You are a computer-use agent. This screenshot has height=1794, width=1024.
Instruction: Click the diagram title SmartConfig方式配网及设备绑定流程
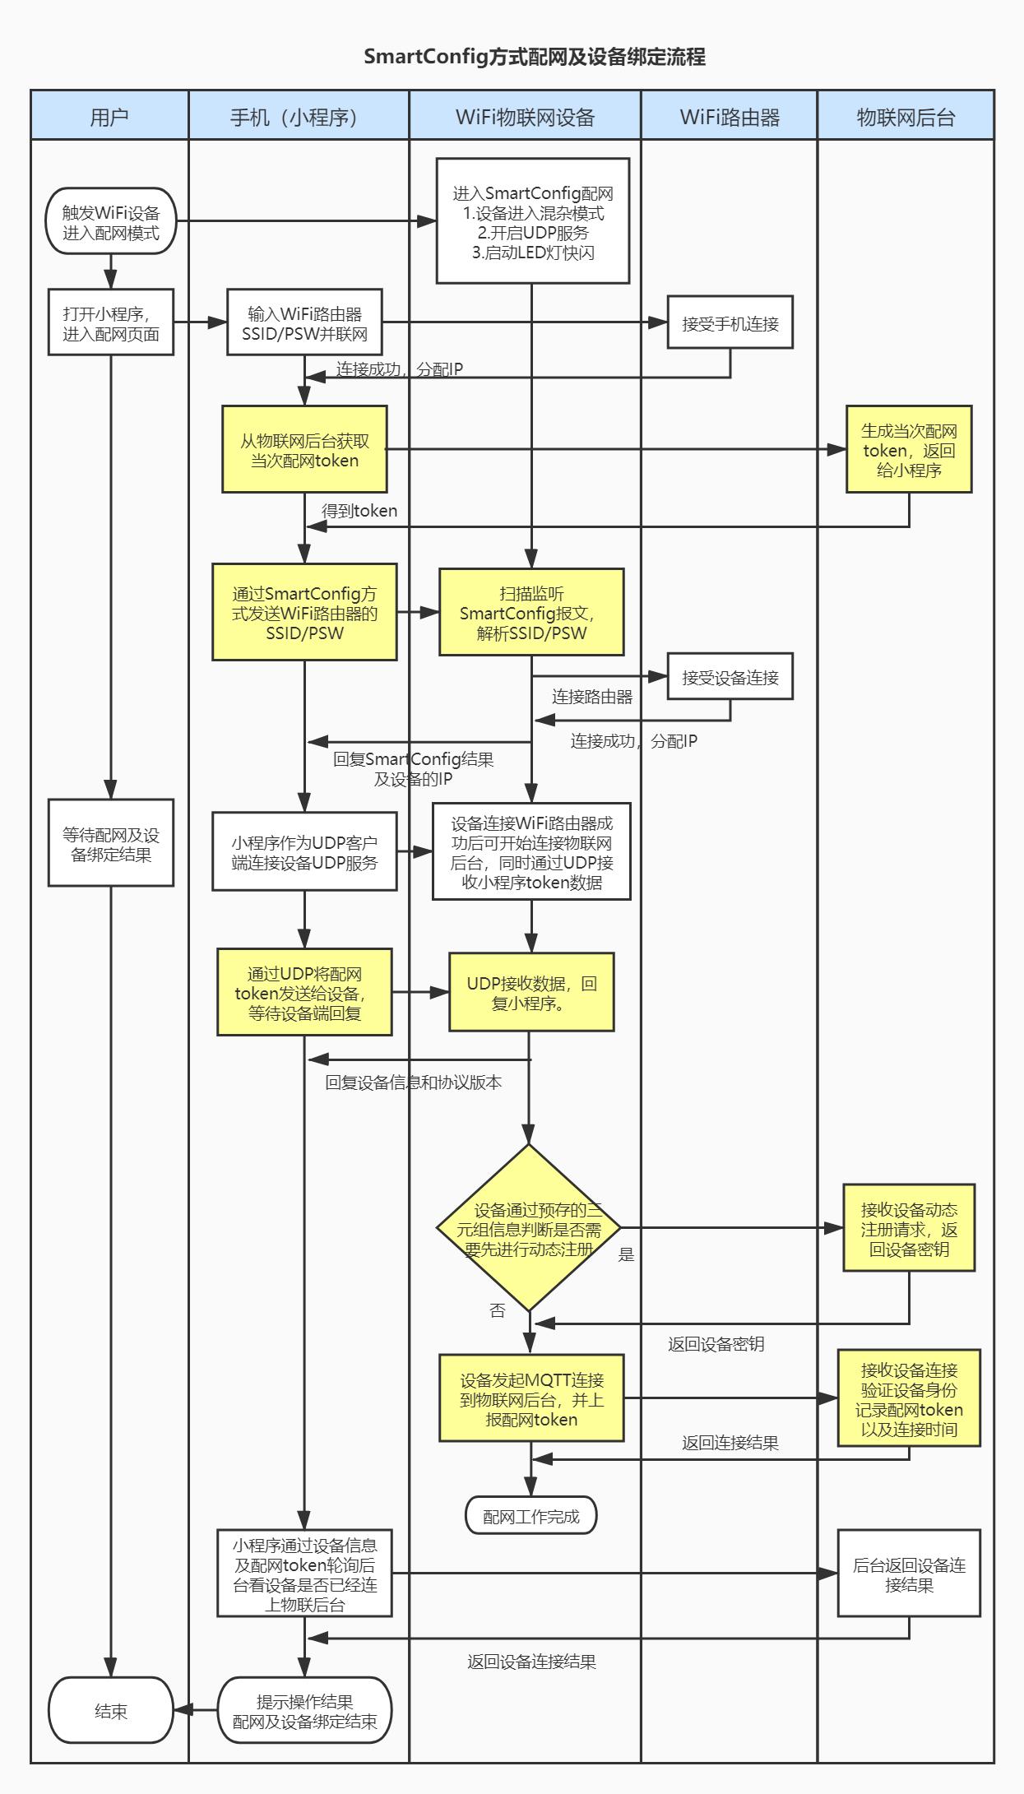point(535,57)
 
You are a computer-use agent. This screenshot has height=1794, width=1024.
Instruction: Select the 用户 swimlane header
point(109,116)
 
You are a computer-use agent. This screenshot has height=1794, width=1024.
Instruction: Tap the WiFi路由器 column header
point(730,116)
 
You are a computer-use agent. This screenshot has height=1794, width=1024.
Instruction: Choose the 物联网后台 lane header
point(906,116)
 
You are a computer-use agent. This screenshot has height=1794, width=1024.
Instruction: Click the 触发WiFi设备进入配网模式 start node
point(111,220)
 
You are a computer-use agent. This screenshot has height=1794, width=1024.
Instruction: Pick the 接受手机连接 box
point(730,322)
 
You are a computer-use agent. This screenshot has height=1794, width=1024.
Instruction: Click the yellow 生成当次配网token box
point(909,449)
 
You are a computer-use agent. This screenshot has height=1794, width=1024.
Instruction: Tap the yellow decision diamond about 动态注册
point(529,1227)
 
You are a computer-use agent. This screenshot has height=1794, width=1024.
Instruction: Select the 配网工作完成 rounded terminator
point(531,1515)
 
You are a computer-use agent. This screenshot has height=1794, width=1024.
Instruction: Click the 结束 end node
point(111,1711)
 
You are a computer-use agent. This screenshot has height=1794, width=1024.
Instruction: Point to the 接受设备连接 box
point(730,676)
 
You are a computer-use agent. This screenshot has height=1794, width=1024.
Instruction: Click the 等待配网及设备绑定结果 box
point(111,842)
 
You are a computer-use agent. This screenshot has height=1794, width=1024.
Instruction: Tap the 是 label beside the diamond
point(627,1254)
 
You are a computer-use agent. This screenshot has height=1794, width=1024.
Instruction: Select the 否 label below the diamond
point(498,1310)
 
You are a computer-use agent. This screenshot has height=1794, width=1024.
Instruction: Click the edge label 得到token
point(359,511)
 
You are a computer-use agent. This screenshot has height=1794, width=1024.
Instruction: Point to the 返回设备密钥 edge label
point(716,1344)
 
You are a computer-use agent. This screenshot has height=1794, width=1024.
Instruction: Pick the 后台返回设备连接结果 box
point(909,1573)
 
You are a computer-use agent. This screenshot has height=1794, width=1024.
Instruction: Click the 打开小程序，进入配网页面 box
point(111,322)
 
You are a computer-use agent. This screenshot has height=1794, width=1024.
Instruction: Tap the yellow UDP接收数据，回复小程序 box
point(531,992)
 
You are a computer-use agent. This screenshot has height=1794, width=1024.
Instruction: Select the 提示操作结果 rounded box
point(304,1711)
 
